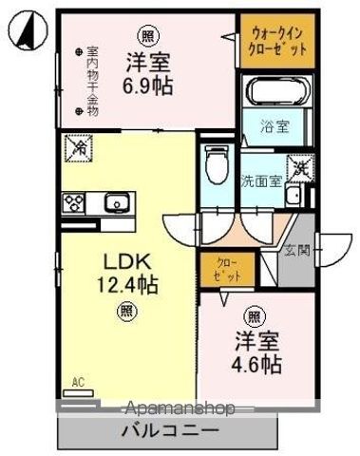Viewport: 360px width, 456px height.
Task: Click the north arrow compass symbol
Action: point(27,29)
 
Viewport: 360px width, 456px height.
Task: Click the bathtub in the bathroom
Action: point(278,93)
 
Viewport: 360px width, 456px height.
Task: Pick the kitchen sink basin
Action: point(116,202)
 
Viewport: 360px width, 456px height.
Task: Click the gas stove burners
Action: point(74,202)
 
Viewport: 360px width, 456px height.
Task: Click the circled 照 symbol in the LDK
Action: point(126,310)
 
